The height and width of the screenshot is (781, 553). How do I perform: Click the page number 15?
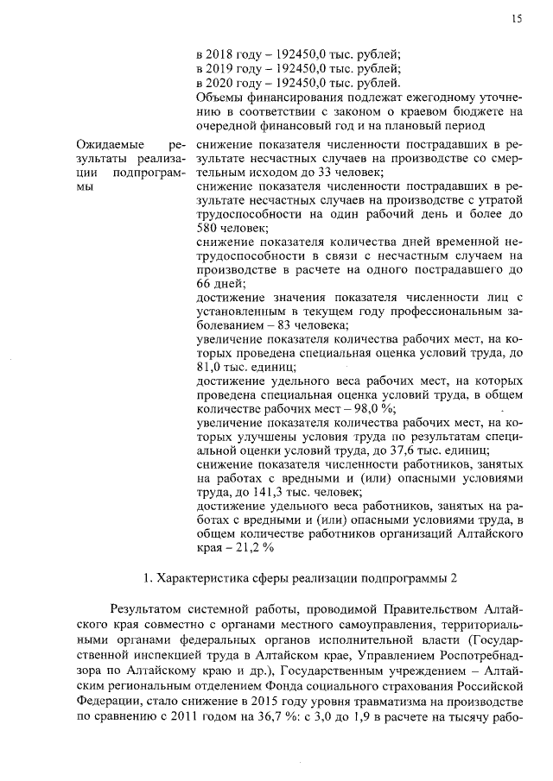[x=517, y=17]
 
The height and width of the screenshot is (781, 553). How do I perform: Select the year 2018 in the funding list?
[x=223, y=54]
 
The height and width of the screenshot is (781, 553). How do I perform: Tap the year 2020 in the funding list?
[x=223, y=83]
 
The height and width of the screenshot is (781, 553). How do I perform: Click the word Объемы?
[x=219, y=98]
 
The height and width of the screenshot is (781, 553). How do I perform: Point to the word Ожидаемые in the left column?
[x=109, y=145]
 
